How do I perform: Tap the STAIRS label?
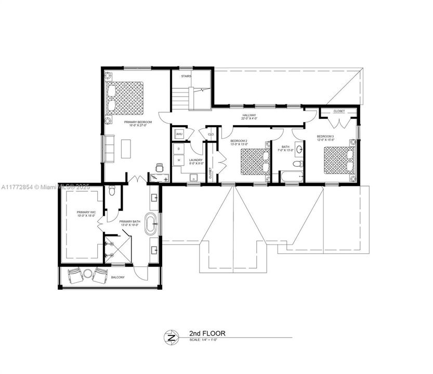(186, 76)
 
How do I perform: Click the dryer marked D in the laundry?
(179, 149)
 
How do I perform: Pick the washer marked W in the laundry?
(179, 160)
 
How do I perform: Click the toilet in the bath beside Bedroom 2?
(297, 164)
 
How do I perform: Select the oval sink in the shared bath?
(299, 150)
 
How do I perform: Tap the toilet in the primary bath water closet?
(112, 192)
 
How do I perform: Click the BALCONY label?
(118, 277)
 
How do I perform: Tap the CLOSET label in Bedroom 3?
(339, 111)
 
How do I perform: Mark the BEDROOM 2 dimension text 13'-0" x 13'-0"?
(239, 144)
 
